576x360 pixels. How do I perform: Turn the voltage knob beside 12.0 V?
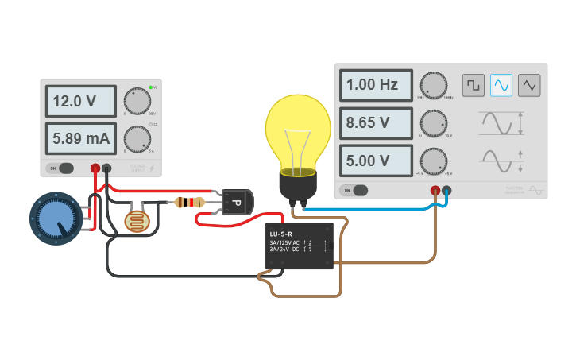click(x=136, y=102)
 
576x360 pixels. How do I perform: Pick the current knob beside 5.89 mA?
click(x=136, y=139)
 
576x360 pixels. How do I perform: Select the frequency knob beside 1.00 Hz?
click(x=433, y=85)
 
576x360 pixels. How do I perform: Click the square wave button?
click(x=474, y=84)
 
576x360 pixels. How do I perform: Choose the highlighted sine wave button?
click(x=501, y=84)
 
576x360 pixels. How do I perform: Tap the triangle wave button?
click(x=529, y=84)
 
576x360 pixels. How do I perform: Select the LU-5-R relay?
click(x=299, y=246)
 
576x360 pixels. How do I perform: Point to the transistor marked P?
click(x=236, y=202)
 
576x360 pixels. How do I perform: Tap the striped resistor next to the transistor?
click(x=187, y=203)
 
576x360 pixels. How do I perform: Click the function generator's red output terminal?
click(x=435, y=191)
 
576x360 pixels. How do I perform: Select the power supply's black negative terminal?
click(x=106, y=168)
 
